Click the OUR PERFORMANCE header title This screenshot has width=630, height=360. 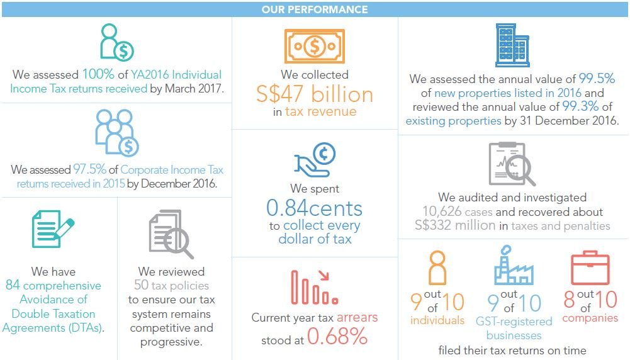pos(315,9)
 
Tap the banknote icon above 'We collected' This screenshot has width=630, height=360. pos(314,46)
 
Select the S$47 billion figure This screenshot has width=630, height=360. pos(314,94)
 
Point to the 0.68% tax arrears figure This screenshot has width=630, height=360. pos(337,337)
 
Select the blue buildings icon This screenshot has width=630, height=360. pos(513,45)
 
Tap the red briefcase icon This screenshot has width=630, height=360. pos(590,269)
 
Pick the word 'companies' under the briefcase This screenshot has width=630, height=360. pos(590,318)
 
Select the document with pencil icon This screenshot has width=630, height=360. pos(52,229)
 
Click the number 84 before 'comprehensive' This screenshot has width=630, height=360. pos(13,286)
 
